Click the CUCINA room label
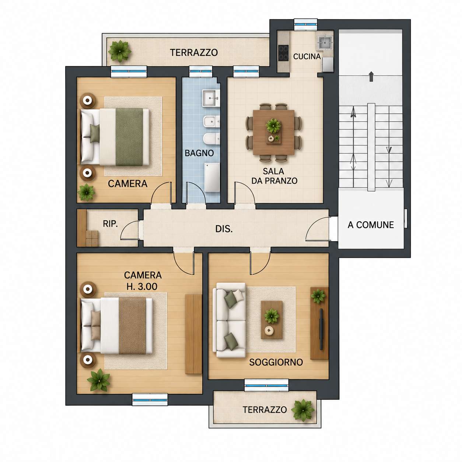[307, 57]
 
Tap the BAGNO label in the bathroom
[199, 153]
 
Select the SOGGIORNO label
[276, 362]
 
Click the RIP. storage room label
[110, 224]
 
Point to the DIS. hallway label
[224, 229]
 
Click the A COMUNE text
[371, 225]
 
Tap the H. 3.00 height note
[142, 286]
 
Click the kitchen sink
[326, 43]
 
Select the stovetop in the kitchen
[283, 53]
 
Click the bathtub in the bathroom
[212, 178]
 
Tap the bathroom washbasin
[211, 98]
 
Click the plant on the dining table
[273, 126]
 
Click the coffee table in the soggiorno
[272, 320]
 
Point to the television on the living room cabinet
[321, 329]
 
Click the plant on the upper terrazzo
[119, 51]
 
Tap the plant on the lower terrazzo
[302, 410]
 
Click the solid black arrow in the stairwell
[371, 77]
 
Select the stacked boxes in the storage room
[92, 238]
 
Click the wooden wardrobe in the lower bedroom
[193, 334]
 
